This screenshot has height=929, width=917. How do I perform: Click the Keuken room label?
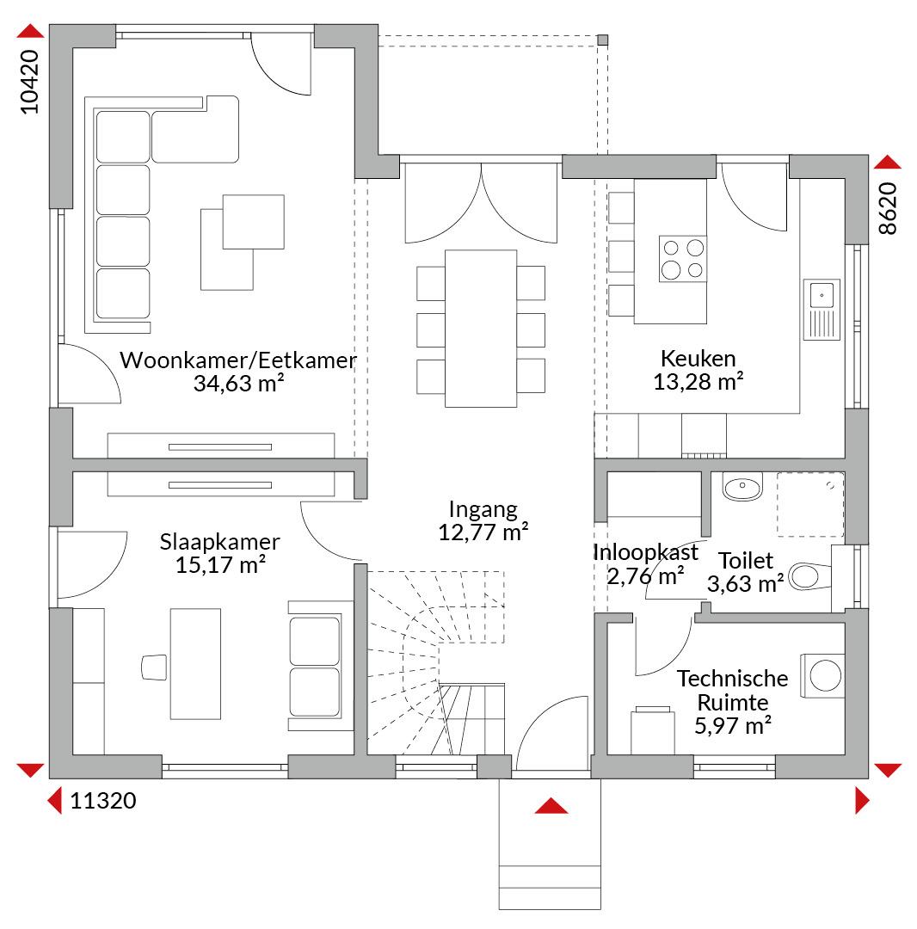tap(698, 359)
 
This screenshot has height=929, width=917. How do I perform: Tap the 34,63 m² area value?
tap(239, 384)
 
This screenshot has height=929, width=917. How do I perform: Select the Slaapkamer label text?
tap(219, 543)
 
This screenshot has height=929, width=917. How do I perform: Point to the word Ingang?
tap(483, 510)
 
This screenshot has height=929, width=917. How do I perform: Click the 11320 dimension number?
tap(103, 801)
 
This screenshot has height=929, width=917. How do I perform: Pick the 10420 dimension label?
tap(29, 82)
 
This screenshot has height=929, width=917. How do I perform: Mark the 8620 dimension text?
tap(888, 208)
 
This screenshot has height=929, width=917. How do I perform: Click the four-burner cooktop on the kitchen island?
tap(683, 258)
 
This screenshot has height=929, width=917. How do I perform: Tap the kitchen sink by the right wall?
tap(822, 310)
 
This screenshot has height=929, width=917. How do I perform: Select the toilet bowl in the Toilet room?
tap(809, 576)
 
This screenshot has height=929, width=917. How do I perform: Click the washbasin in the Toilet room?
tap(742, 486)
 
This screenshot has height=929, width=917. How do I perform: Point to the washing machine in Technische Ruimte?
tap(822, 675)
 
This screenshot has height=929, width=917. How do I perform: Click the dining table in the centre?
tap(480, 329)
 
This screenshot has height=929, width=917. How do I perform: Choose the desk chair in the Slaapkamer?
tap(154, 668)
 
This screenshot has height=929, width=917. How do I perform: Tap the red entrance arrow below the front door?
tap(551, 806)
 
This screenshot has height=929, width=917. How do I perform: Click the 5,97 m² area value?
tap(733, 725)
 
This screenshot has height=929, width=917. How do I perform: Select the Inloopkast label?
tap(645, 552)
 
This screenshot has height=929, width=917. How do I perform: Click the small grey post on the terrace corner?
tap(602, 40)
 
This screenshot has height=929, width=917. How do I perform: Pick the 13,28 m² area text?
tap(699, 382)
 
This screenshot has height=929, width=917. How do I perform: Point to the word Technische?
tap(732, 679)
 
